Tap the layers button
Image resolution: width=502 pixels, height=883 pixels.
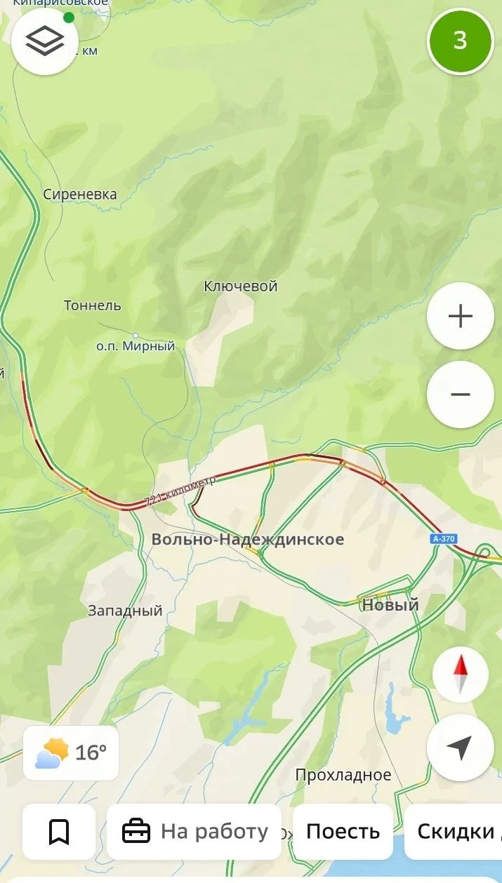(x=45, y=41)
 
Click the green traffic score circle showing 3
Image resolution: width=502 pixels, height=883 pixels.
(x=461, y=41)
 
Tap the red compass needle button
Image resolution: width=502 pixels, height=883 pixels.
(x=460, y=675)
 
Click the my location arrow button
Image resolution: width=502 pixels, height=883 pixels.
(x=460, y=748)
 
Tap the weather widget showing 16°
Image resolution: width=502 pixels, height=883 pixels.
(x=71, y=753)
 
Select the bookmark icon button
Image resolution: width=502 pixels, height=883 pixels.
(x=59, y=832)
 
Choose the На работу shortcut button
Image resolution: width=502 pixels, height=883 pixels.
(x=194, y=832)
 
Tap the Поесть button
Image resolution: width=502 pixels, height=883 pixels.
(x=343, y=832)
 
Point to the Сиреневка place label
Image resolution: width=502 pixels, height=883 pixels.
(x=80, y=194)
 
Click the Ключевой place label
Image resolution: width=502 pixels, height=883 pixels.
(x=241, y=286)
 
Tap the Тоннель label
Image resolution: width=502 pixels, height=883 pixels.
(x=92, y=305)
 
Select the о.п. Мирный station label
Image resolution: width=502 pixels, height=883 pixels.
(x=136, y=346)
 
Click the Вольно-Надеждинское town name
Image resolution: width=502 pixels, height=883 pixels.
(x=248, y=539)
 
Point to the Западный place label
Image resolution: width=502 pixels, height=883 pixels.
(x=125, y=611)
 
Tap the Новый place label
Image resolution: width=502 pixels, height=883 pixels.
(x=390, y=604)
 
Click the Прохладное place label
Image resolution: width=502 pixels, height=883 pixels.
(x=343, y=775)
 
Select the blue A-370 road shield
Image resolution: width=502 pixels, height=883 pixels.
(x=444, y=538)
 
